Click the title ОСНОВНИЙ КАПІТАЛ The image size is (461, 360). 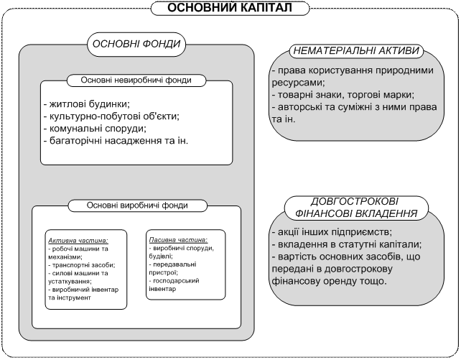pyautogui.click(x=230, y=8)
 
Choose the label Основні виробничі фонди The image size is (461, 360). pyautogui.click(x=136, y=205)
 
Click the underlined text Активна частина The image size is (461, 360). pyautogui.click(x=78, y=240)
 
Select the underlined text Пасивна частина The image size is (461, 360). pyautogui.click(x=177, y=239)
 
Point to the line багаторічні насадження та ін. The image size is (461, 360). pyautogui.click(x=115, y=140)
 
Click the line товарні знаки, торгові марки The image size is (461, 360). pyautogui.click(x=343, y=94)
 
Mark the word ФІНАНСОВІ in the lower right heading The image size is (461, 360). pyautogui.click(x=325, y=214)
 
